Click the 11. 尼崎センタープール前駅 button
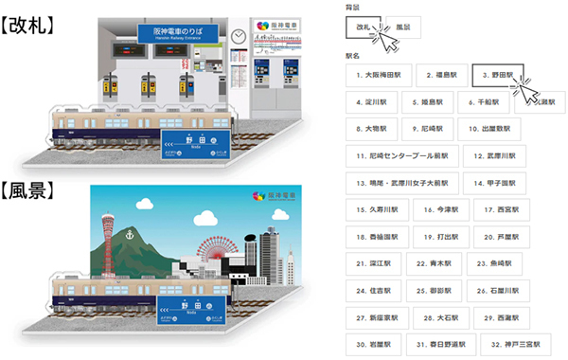pyautogui.click(x=405, y=154)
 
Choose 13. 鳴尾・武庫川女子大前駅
pyautogui.click(x=405, y=181)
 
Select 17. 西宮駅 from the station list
pyautogui.click(x=498, y=208)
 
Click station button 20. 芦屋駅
pyautogui.click(x=498, y=235)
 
